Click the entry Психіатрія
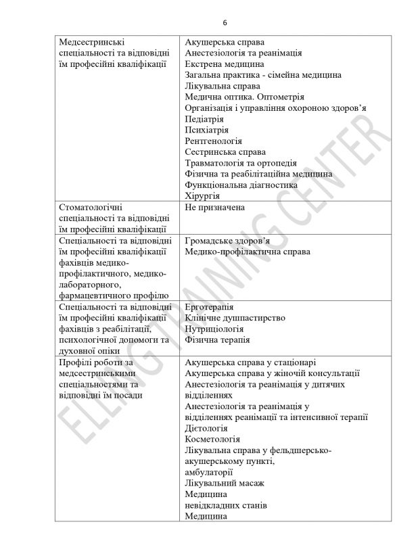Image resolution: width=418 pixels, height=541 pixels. click(206, 130)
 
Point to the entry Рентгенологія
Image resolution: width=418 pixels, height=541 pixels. click(213, 141)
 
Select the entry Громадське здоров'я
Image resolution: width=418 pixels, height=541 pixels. click(227, 240)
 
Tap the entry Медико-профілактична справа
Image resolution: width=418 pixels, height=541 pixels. click(248, 252)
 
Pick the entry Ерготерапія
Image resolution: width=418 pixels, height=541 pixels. click(210, 306)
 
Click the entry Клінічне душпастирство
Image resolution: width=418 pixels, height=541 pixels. click(235, 317)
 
